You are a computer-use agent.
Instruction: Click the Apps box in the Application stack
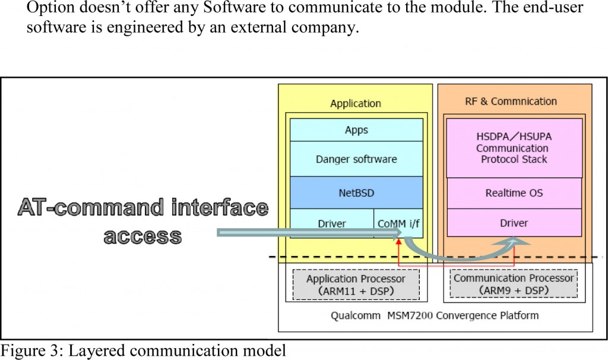tap(356, 130)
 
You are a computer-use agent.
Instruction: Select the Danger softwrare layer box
tap(356, 159)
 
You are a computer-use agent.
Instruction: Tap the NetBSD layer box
tap(356, 192)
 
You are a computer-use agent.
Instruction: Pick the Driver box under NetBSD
tap(332, 224)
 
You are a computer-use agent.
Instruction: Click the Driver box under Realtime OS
tap(514, 223)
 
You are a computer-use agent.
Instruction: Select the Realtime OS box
tap(514, 192)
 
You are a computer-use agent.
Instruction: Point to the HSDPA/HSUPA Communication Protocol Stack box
tap(514, 148)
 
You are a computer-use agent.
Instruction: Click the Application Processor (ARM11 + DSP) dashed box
tap(356, 285)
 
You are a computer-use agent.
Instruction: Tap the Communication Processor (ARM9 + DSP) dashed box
tap(514, 284)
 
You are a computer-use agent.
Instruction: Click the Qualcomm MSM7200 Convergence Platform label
tap(435, 315)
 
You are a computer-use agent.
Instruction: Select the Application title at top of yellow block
tap(355, 103)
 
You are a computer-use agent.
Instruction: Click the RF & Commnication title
tap(511, 101)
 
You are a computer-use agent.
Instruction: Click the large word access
tap(142, 236)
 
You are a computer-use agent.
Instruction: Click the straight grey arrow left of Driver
tap(297, 232)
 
